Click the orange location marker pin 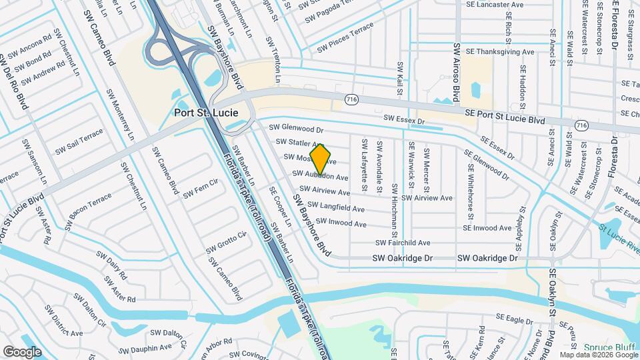click(321, 160)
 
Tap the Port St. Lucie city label click(205, 113)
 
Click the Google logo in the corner click(22, 351)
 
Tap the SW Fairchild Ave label click(403, 243)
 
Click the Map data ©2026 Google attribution click(599, 355)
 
